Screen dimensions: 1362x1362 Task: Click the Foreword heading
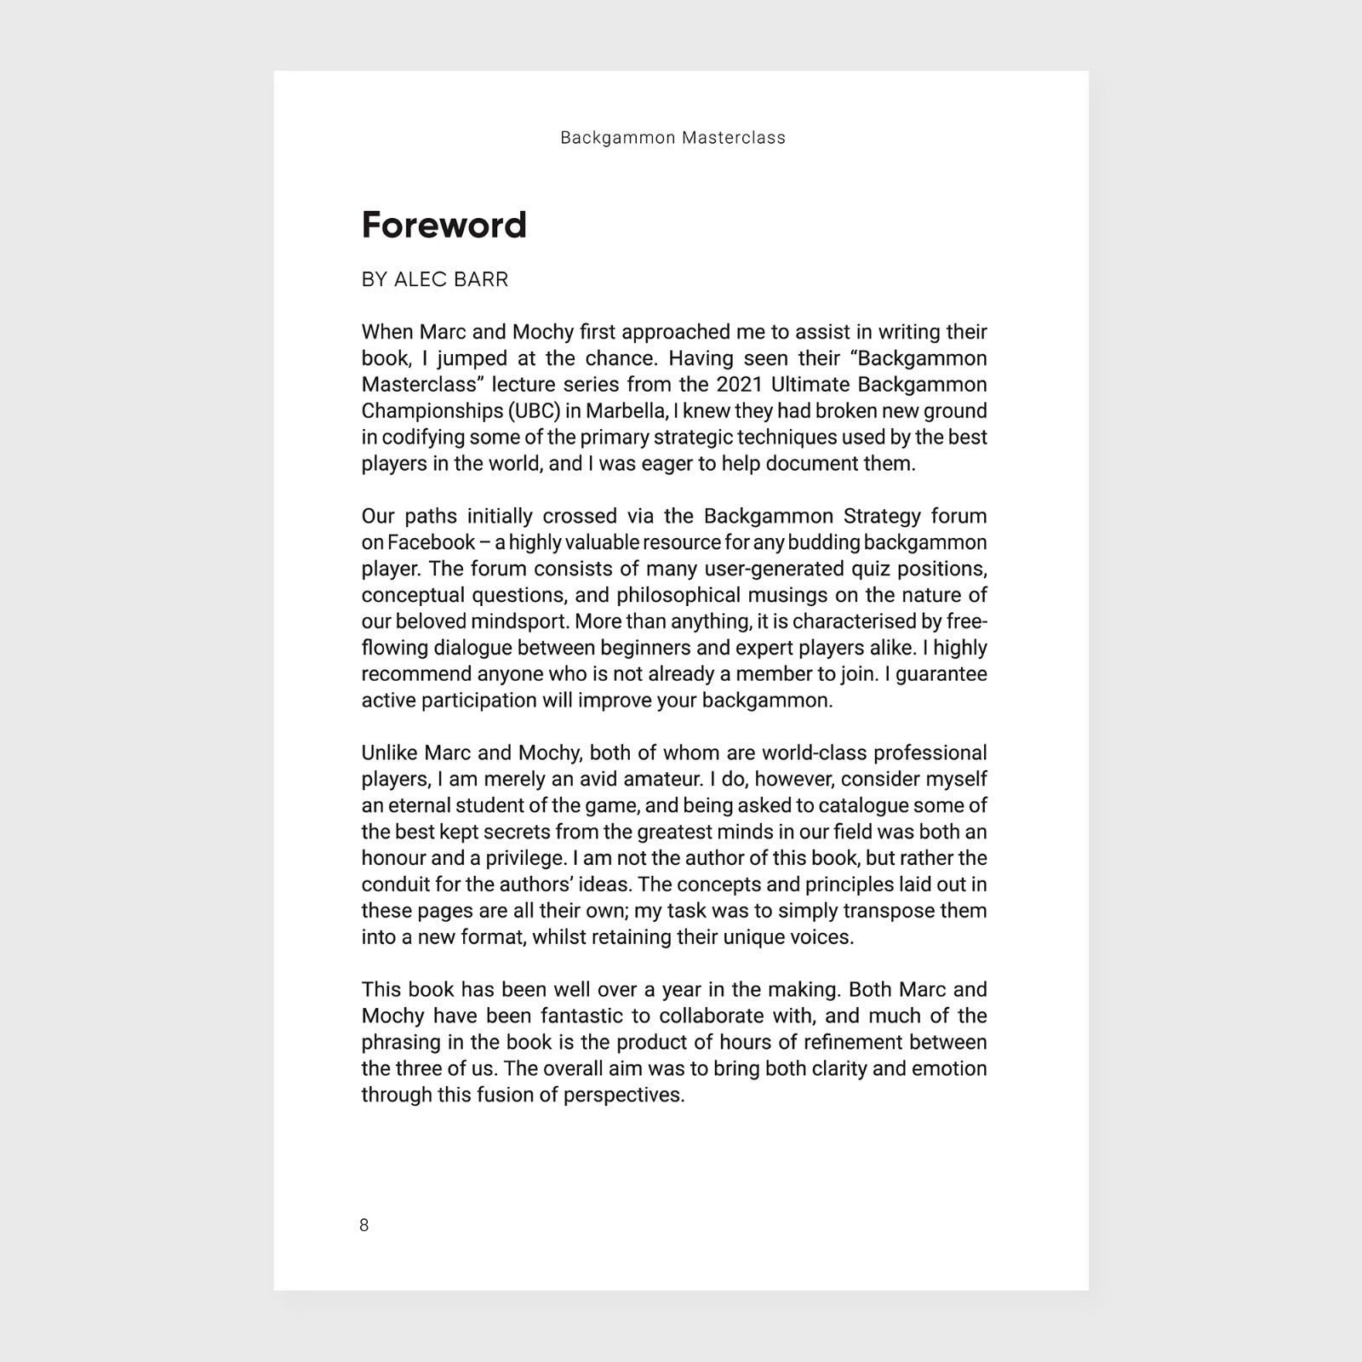(444, 226)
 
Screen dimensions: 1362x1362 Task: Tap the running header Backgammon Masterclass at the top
(672, 138)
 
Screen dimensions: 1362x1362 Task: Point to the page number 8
(364, 1225)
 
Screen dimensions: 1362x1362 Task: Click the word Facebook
(431, 543)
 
